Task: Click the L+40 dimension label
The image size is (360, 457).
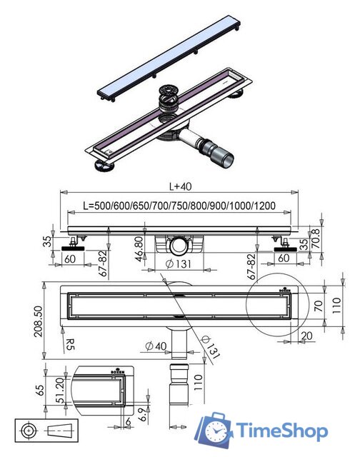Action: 181,186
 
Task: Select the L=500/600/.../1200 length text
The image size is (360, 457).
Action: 179,206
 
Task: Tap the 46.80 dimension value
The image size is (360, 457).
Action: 139,248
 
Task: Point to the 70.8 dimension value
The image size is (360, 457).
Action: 316,238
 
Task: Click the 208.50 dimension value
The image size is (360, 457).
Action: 38,321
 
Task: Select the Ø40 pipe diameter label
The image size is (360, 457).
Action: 156,346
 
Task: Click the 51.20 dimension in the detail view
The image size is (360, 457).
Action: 60,390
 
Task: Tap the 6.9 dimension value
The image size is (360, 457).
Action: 141,415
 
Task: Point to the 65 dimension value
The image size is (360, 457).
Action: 40,391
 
